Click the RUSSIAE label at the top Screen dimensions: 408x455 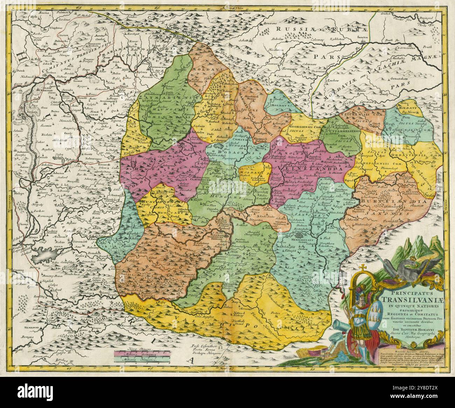tap(293, 29)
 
